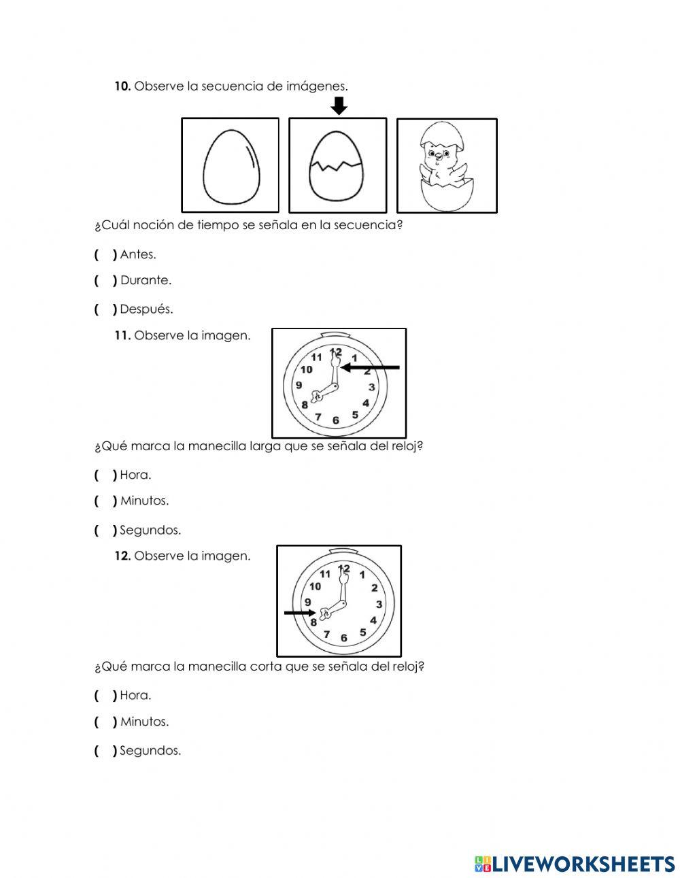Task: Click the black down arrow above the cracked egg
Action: [x=339, y=106]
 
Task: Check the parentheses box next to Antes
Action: [x=105, y=255]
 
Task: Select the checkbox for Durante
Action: [x=105, y=280]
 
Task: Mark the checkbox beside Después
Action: [x=105, y=309]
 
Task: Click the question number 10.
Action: [x=122, y=86]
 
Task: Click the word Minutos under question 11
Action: [x=144, y=501]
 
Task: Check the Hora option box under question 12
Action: [x=105, y=696]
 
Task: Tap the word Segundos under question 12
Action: [x=150, y=752]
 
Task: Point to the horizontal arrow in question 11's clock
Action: [x=371, y=367]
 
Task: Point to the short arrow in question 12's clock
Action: [x=299, y=613]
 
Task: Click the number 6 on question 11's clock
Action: [x=336, y=420]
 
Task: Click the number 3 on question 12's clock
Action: [x=379, y=604]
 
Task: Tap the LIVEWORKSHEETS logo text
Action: [x=583, y=864]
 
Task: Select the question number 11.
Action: [x=122, y=335]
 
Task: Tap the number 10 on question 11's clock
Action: [x=306, y=369]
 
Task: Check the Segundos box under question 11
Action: [x=105, y=530]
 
